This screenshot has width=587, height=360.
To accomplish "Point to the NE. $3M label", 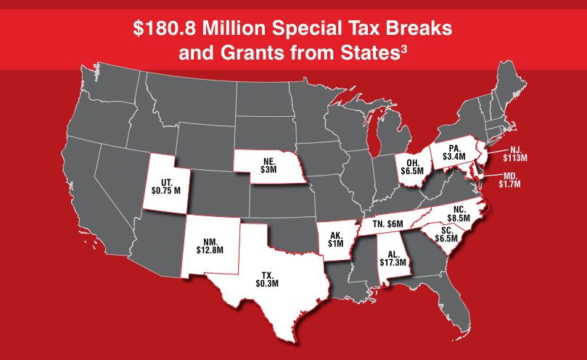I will [x=268, y=165].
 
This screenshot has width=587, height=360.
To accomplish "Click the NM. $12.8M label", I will [x=210, y=245].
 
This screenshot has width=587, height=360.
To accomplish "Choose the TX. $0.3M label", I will [x=266, y=278].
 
